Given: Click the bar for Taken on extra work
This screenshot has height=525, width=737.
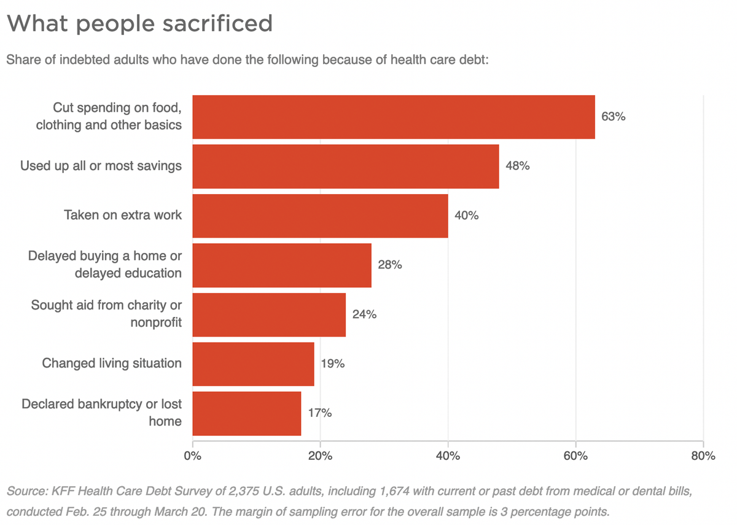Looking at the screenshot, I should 320,216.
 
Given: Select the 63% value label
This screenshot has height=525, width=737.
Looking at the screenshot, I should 613,117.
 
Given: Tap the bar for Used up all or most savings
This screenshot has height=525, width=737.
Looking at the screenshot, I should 345,166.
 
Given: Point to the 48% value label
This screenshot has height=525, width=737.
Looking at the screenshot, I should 517,166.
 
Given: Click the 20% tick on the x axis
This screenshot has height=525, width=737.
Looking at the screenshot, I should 320,456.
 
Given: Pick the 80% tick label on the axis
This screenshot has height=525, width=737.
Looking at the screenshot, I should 703,456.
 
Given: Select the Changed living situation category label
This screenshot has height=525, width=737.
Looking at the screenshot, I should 112,363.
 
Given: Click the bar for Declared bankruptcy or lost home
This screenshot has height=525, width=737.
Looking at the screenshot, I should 247,413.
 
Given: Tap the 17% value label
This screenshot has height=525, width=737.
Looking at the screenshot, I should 319,413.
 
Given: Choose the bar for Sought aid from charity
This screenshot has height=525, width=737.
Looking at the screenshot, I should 269,314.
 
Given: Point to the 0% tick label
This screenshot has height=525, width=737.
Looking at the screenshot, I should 193,456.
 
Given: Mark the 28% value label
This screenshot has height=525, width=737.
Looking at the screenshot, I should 389,265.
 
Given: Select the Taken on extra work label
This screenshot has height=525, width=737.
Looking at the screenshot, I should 123,216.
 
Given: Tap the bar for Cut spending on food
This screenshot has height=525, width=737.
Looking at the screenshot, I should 394,117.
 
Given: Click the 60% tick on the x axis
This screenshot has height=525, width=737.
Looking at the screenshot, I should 575,456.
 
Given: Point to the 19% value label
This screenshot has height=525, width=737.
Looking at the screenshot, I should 332,364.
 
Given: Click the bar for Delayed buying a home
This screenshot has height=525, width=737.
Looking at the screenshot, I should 282,265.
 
